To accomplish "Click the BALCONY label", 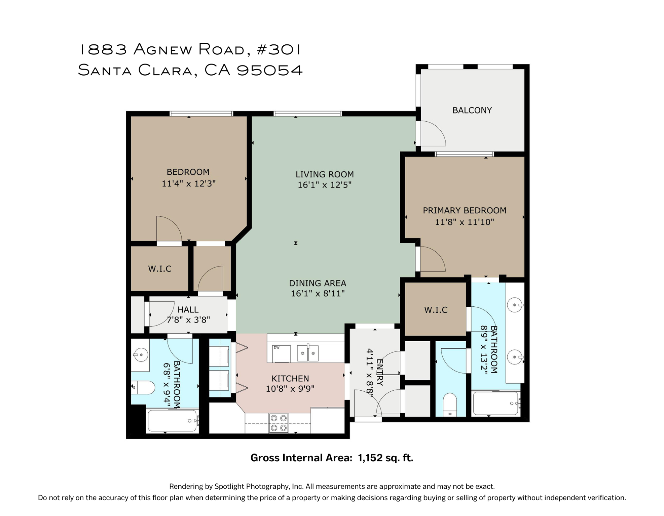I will pos(472,110).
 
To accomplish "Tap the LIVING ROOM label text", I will pos(324,174).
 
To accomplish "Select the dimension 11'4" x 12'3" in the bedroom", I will pos(188,183).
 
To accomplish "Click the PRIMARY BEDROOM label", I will pos(464,210).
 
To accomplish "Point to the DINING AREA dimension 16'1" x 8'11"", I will pos(318,293).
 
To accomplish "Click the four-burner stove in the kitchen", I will pos(279,423).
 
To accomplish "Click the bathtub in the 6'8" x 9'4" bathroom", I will pos(172,420).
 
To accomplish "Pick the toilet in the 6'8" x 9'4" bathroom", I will pos(144,387).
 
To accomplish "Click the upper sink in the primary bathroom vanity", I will pos(515,305).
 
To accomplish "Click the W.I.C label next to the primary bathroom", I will pos(436,310).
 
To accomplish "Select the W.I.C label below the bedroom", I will pos(160,269).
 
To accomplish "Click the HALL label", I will pos(188,309).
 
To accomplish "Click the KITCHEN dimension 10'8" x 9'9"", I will pos(290,389).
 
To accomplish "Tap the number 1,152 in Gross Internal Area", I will pos(370,458).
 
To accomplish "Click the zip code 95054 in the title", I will pos(269,70).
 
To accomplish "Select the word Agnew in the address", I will pos(162,49).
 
